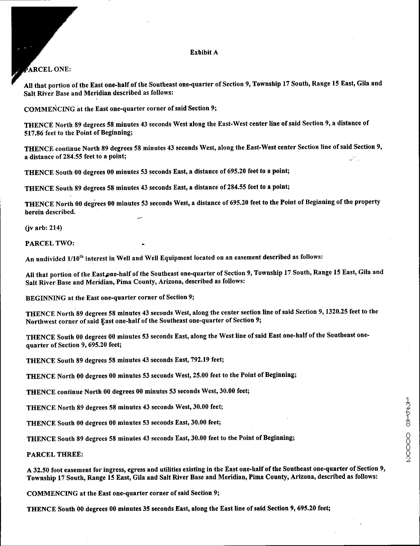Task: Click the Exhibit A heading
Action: click(x=204, y=52)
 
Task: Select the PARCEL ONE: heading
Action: click(x=47, y=69)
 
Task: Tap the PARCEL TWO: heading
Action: click(x=49, y=243)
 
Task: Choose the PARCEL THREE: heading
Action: click(x=54, y=454)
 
